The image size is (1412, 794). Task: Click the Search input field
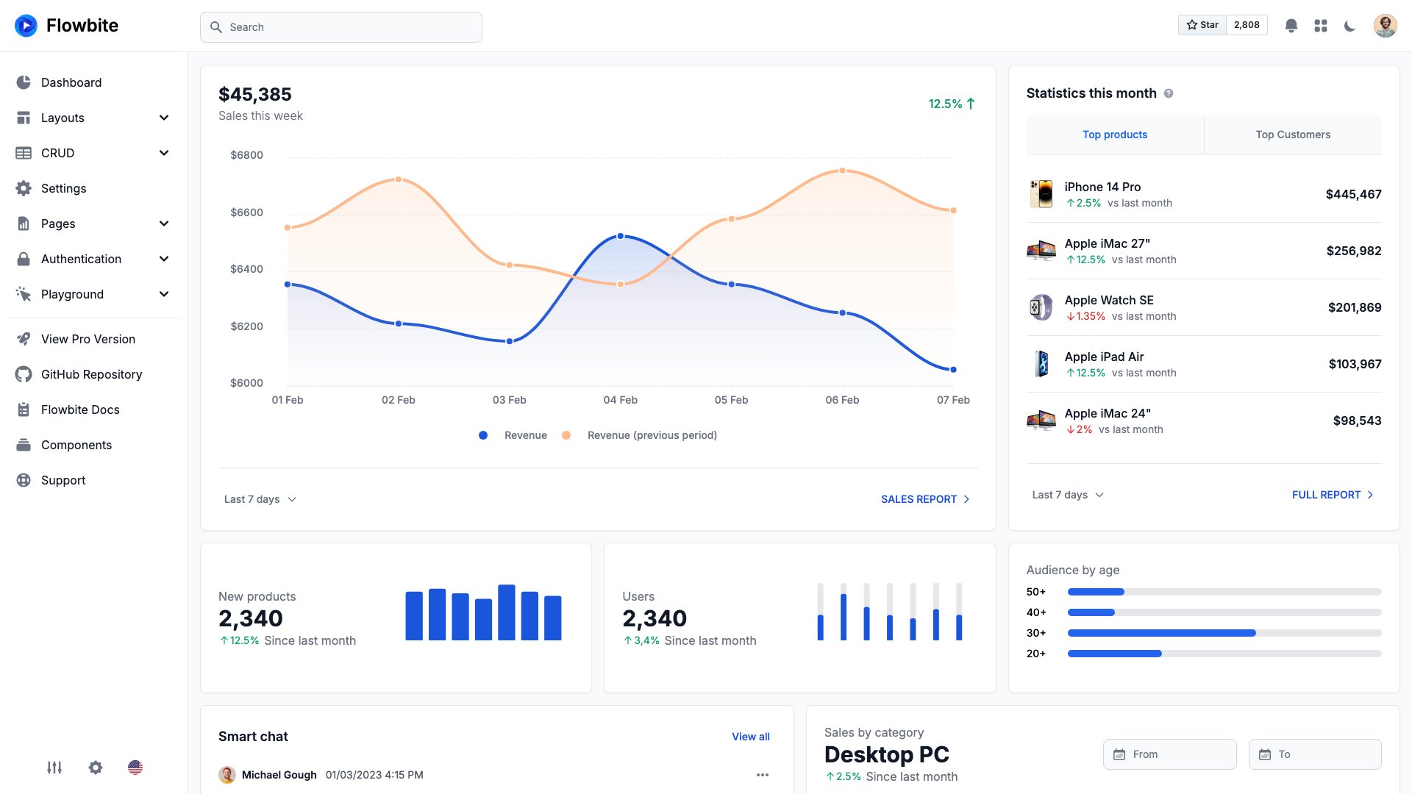[x=340, y=27]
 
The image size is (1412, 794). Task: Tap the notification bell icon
[x=1291, y=26]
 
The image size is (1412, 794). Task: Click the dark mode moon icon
[x=1349, y=26]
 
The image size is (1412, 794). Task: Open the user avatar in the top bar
[x=1385, y=26]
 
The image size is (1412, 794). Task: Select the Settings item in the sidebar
[x=63, y=188]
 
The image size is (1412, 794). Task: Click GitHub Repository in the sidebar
[x=91, y=374]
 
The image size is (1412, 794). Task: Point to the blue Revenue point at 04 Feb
[x=621, y=236]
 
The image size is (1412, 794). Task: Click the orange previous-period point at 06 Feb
[x=843, y=171]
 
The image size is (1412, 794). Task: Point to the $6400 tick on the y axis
[x=246, y=269]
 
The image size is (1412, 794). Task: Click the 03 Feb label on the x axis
[x=509, y=400]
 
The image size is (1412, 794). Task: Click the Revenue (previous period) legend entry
[x=652, y=435]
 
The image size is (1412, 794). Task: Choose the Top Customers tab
[x=1292, y=135]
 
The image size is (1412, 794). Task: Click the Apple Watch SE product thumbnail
[x=1041, y=307]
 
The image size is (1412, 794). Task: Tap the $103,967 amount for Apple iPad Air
[x=1355, y=364]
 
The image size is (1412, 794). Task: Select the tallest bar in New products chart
[x=506, y=612]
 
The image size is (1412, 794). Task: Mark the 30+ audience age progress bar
[x=1224, y=633]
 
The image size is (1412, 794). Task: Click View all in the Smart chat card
[x=750, y=737]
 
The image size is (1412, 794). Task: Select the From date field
[x=1169, y=754]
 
